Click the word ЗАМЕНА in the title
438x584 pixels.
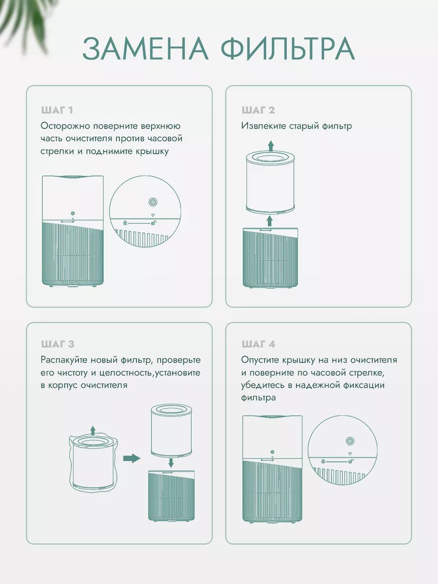[x=146, y=49]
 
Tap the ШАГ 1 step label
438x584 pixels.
[x=57, y=110]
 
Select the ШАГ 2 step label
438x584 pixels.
[x=258, y=110]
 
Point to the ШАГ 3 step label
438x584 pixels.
[x=58, y=344]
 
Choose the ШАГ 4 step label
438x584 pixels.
[x=258, y=344]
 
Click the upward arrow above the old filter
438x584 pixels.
[x=271, y=146]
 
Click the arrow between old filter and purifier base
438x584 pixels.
[x=270, y=221]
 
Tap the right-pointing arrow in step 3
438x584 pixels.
[x=131, y=458]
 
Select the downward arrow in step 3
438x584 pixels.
[x=171, y=462]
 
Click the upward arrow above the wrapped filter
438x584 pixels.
[x=92, y=430]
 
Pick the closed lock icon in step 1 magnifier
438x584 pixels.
[x=125, y=223]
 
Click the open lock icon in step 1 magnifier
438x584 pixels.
[x=153, y=223]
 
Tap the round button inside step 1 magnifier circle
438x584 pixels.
[x=153, y=202]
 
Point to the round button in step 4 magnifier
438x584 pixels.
[x=350, y=441]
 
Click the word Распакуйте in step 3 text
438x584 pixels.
[x=64, y=360]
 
